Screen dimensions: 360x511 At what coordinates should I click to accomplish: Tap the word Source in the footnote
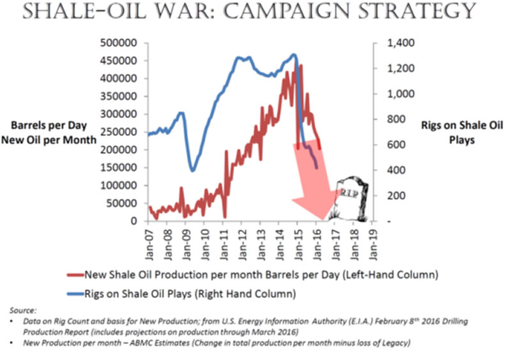[23, 310]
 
